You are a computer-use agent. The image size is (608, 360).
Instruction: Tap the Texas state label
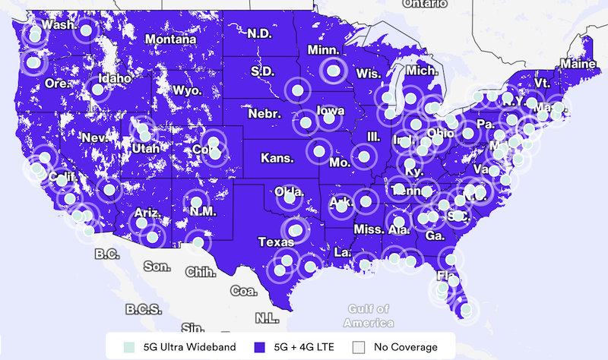pyautogui.click(x=275, y=242)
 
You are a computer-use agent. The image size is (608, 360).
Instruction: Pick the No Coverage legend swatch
pyautogui.click(x=361, y=347)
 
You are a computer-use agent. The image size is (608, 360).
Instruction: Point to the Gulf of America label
pyautogui.click(x=369, y=315)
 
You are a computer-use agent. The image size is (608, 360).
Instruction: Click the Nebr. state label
pyautogui.click(x=264, y=114)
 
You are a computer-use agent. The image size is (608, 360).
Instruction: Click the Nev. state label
pyautogui.click(x=95, y=138)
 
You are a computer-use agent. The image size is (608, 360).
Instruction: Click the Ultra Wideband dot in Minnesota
pyautogui.click(x=333, y=71)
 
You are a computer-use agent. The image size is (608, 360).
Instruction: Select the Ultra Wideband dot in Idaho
pyautogui.click(x=97, y=90)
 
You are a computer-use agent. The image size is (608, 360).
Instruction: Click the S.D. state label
pyautogui.click(x=262, y=71)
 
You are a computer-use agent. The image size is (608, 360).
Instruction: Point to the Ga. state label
pyautogui.click(x=435, y=235)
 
